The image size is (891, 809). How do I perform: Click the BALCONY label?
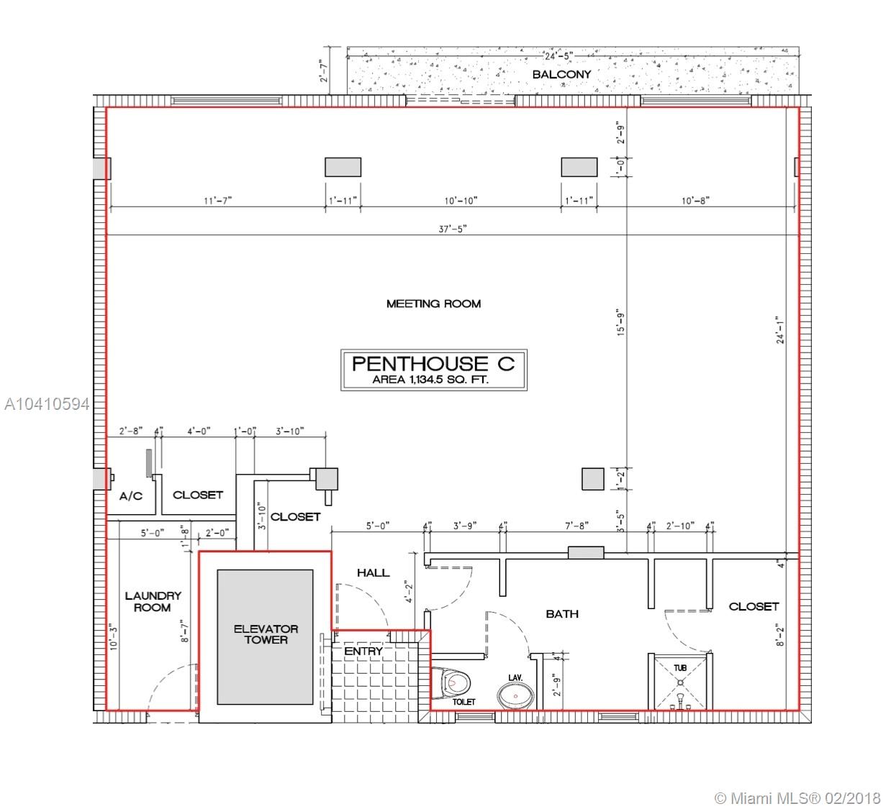pos(561,74)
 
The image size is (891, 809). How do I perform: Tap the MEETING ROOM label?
pos(433,303)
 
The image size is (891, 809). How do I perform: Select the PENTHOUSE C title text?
pos(433,364)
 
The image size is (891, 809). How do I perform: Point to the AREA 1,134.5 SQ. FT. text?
pos(430,380)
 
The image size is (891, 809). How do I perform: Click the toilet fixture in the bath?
pos(451,682)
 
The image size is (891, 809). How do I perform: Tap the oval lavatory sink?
pos(515,696)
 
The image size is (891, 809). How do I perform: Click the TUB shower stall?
pos(680,682)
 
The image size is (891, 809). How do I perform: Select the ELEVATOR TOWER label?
pos(266,634)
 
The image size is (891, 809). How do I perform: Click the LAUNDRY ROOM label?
pos(153,602)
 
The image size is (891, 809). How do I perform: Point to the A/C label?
pos(131,496)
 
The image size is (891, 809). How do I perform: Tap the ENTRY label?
pos(363,651)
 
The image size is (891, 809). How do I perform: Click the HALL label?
pos(373,573)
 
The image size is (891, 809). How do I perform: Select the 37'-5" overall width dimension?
pos(453,229)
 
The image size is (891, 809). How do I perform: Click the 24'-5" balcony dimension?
pos(558,56)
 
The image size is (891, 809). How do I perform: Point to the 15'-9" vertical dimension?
pos(621,322)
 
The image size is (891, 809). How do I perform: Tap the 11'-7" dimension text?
pos(217,201)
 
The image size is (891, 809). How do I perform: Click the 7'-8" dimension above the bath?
pos(576,526)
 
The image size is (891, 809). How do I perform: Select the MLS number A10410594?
pos(47,404)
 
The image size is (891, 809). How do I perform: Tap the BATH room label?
pos(562,614)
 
